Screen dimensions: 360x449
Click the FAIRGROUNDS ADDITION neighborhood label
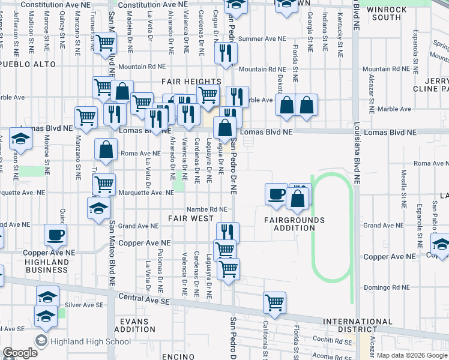[x=294, y=224]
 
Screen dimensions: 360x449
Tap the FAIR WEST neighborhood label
[x=190, y=218]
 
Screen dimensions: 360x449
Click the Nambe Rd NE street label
[x=206, y=209]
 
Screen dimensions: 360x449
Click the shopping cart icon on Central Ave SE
[x=274, y=302]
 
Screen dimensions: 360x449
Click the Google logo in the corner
[x=20, y=353]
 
